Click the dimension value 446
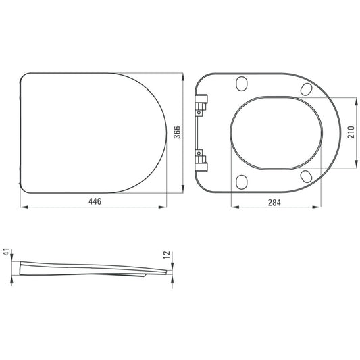95,201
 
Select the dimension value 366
177,132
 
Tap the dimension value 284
274,203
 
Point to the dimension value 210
351,132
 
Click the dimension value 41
7,252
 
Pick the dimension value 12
167,255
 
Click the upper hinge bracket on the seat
201,105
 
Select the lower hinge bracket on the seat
201,161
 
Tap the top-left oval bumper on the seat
242,84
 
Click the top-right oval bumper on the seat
306,89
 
